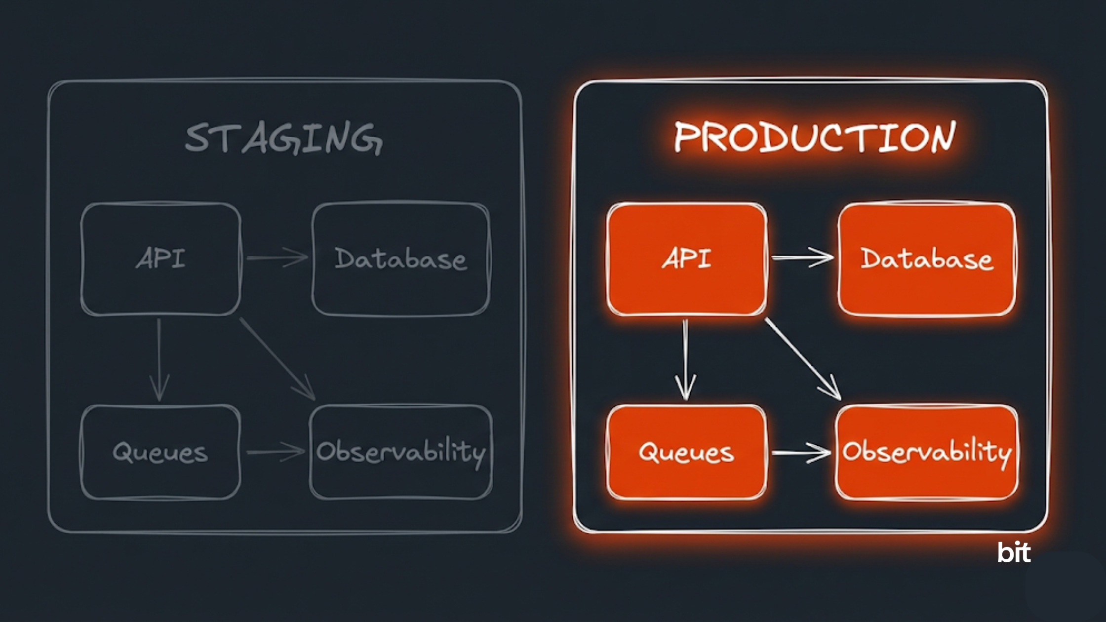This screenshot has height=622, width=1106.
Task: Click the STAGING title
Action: pyautogui.click(x=283, y=138)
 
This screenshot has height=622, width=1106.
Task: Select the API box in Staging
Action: pyautogui.click(x=161, y=259)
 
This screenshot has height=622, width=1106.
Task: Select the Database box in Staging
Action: pyautogui.click(x=400, y=259)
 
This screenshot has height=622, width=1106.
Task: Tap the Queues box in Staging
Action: pyautogui.click(x=160, y=452)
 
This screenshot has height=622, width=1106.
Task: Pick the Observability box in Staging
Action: pyautogui.click(x=400, y=452)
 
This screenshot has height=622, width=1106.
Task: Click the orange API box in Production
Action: pyautogui.click(x=686, y=259)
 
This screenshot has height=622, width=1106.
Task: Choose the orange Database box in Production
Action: pyautogui.click(x=927, y=259)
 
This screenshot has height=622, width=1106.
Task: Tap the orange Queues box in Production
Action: pyautogui.click(x=686, y=452)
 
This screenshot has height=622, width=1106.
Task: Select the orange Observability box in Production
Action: pyautogui.click(x=927, y=452)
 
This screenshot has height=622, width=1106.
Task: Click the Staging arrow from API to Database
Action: pyautogui.click(x=276, y=258)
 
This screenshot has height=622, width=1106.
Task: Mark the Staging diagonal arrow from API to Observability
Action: pyautogui.click(x=277, y=359)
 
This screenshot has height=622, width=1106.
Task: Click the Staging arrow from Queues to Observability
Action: pyautogui.click(x=276, y=452)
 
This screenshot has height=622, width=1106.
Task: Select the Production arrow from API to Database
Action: pyautogui.click(x=802, y=258)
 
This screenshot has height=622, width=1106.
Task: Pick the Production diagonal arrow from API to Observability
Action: pyautogui.click(x=803, y=359)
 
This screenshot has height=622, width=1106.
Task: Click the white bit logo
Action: pyautogui.click(x=1014, y=552)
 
